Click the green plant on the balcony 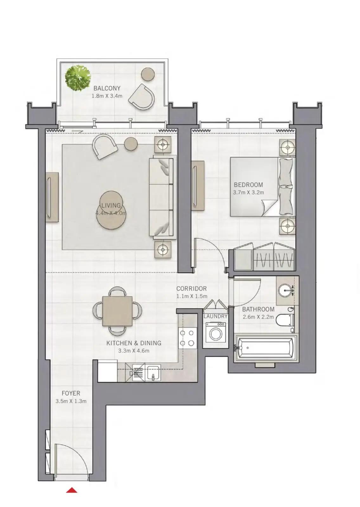pos(78,78)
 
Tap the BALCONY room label pos(107,88)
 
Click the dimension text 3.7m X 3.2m pos(248,193)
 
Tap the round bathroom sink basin pos(286,290)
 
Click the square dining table pos(117,311)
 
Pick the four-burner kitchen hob pos(187,338)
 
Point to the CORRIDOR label pos(191,289)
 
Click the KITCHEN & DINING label pos(134,343)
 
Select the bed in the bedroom pos(263,187)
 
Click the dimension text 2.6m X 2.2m pos(258,317)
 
